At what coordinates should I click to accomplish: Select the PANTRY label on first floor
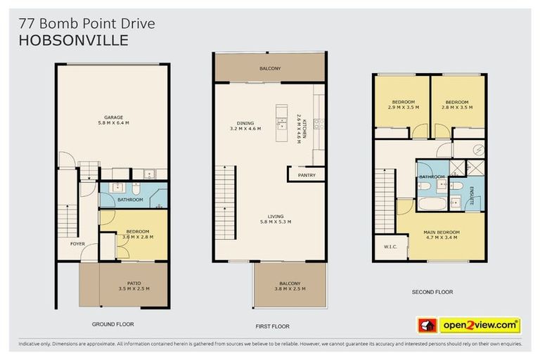[307, 175]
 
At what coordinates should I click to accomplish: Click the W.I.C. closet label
[391, 247]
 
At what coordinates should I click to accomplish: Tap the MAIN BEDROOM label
[442, 232]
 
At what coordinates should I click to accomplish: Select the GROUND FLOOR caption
[112, 324]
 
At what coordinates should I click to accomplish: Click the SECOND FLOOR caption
[432, 292]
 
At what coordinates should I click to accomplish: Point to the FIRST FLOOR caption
[270, 326]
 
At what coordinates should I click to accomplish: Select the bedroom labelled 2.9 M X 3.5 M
[404, 108]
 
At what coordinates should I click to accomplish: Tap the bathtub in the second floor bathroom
[432, 205]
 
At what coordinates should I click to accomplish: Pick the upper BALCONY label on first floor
[270, 68]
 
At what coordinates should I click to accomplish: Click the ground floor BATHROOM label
[130, 200]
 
